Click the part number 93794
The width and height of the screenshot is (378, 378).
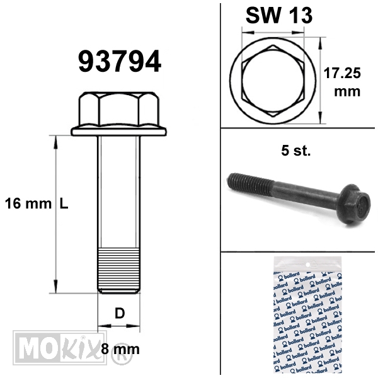pyautogui.click(x=120, y=61)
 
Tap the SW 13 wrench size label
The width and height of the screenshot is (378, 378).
pyautogui.click(x=279, y=15)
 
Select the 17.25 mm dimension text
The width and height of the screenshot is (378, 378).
pyautogui.click(x=342, y=82)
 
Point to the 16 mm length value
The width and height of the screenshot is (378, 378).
pyautogui.click(x=28, y=203)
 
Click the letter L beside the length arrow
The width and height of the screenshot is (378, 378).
pyautogui.click(x=64, y=204)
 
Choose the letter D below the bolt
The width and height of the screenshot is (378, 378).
pyautogui.click(x=120, y=313)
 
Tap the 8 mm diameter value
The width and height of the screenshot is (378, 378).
pyautogui.click(x=120, y=349)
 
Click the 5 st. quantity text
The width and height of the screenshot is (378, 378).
pyautogui.click(x=296, y=151)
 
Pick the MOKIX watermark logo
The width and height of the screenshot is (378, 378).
pyautogui.click(x=60, y=348)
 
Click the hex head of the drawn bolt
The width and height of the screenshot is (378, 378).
pyautogui.click(x=119, y=109)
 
